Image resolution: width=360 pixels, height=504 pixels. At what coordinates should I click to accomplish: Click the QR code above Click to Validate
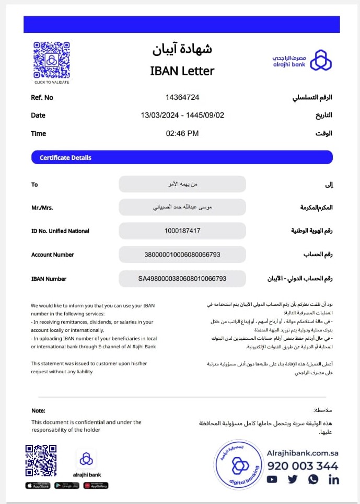(x=51, y=60)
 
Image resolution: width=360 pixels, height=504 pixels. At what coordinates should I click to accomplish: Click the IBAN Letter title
(x=182, y=71)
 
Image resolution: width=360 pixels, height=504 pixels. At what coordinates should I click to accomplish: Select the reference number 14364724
(x=182, y=97)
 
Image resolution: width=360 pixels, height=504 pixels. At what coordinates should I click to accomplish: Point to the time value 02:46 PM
(x=182, y=133)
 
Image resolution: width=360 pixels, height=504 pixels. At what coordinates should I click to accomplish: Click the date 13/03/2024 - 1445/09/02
(x=182, y=115)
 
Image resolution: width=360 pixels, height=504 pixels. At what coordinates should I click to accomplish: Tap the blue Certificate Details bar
(x=182, y=157)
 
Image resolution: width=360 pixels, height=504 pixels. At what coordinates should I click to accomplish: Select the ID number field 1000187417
(x=182, y=231)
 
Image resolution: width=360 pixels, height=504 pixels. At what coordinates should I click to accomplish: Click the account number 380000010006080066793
(x=182, y=255)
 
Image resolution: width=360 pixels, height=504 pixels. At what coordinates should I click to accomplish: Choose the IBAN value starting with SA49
(x=182, y=279)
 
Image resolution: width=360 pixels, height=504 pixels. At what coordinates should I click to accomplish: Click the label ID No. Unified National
(x=60, y=231)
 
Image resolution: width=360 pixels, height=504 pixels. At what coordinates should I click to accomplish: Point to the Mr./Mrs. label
(x=42, y=208)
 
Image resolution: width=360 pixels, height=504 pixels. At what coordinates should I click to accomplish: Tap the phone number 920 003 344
(x=303, y=466)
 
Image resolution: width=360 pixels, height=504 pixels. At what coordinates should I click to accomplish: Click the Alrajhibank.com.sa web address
(x=303, y=454)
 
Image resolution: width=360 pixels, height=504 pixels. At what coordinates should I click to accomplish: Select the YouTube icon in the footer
(x=272, y=479)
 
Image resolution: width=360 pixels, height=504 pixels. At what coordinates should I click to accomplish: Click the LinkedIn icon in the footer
(x=333, y=479)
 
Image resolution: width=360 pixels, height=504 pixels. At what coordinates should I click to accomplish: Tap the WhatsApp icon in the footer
(x=313, y=479)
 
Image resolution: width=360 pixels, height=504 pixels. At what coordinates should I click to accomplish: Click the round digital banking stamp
(x=238, y=465)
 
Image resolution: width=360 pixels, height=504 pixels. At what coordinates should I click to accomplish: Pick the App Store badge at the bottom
(x=38, y=486)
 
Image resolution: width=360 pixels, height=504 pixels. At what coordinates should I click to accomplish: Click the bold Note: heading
(x=38, y=410)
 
